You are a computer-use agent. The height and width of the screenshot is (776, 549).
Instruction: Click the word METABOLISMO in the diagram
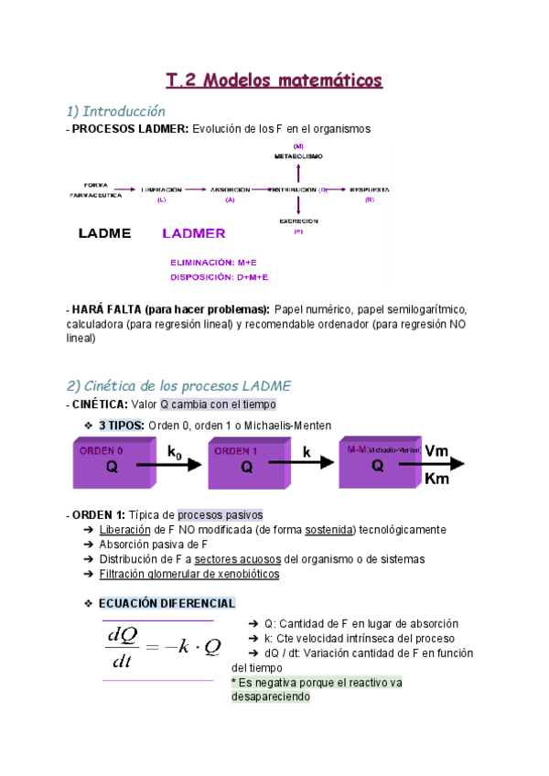point(298,156)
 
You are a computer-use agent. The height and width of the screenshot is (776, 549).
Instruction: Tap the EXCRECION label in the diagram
point(298,221)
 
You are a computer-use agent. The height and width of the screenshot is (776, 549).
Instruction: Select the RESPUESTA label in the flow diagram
point(370,189)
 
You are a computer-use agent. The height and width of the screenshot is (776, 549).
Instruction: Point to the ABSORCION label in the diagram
point(230,189)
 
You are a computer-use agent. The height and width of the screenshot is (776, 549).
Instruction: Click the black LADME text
point(104,233)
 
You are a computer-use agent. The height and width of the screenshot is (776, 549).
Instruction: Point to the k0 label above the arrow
point(177,452)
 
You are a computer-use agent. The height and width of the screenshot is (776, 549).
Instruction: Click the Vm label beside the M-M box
point(437,450)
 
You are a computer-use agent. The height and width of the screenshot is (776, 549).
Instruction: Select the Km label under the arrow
point(437,480)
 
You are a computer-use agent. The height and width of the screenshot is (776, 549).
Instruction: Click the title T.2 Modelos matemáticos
point(274,81)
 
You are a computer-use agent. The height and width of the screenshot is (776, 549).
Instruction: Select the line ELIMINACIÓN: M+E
point(212,263)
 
